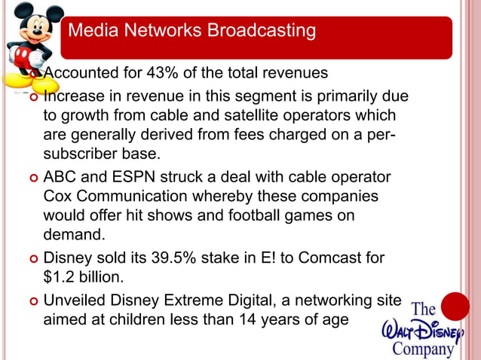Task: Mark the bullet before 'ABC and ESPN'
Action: (x=31, y=178)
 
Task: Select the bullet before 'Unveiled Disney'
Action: (x=31, y=301)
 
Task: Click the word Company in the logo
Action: (x=424, y=349)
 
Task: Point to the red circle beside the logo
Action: (x=455, y=308)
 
